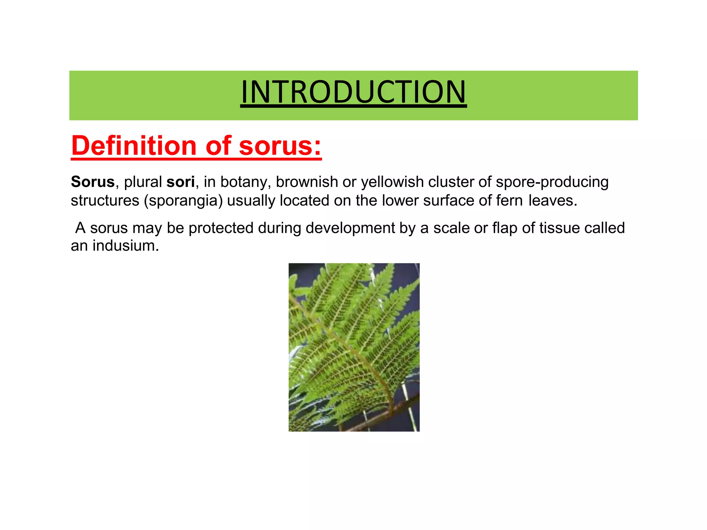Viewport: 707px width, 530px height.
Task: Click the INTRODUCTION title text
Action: coord(353,92)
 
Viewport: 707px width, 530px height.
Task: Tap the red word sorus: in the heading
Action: coord(280,146)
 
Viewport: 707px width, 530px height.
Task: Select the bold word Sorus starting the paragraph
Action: coord(93,182)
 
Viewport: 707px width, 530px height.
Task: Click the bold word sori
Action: coord(181,182)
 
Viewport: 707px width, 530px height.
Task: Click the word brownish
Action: coord(307,182)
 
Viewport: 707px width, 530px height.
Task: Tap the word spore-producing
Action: coord(552,182)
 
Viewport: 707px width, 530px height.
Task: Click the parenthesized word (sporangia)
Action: coord(183,200)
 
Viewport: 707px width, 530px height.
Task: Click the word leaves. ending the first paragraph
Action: coord(553,200)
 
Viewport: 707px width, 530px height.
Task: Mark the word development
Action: coord(350,228)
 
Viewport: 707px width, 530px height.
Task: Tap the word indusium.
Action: coord(126,246)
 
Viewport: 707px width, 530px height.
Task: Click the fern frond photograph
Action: coord(354,347)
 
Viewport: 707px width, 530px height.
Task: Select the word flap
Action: coord(504,228)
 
